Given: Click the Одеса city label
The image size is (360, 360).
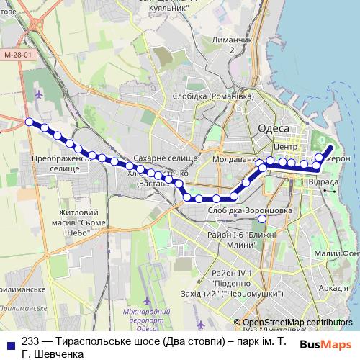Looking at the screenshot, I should pos(273,127).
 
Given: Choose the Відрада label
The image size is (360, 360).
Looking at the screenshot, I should pos(323,182).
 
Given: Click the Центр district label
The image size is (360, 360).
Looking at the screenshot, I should pos(286,147).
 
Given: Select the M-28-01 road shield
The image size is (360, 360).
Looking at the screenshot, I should pos(17,55).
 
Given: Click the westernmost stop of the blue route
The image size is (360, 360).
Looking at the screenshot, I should pos(30,122).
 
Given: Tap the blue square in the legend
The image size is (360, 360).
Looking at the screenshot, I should pos(9,341).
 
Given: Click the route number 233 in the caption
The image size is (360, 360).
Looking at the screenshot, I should pos(31,341).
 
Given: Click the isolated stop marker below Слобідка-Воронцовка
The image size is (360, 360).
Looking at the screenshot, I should pos(262,218).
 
